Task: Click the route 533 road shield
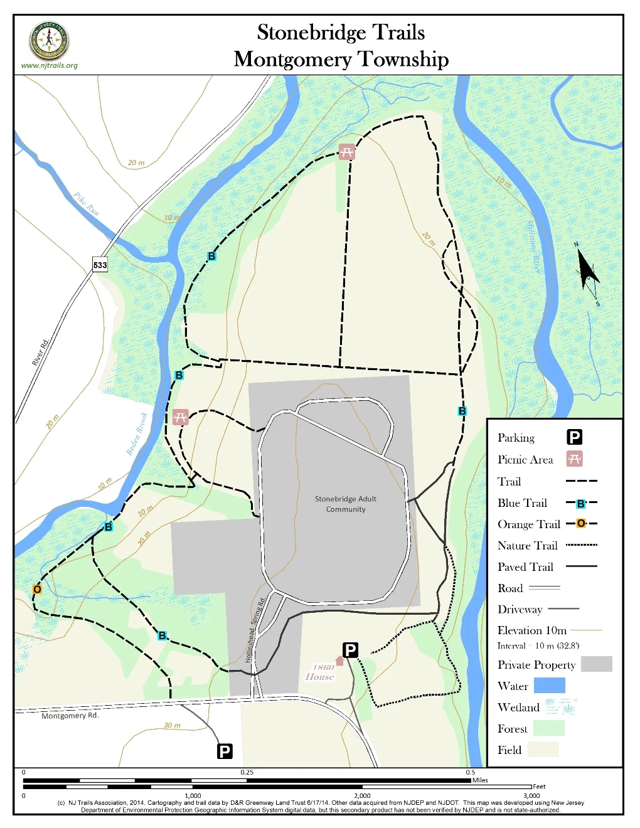click(x=100, y=265)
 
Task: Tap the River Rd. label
click(x=40, y=353)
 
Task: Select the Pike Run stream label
click(x=86, y=204)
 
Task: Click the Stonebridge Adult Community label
click(x=345, y=504)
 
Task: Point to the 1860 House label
click(x=321, y=672)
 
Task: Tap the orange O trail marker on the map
click(x=37, y=589)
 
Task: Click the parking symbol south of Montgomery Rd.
click(x=225, y=751)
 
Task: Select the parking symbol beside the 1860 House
click(x=350, y=650)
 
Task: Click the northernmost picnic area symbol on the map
click(x=346, y=152)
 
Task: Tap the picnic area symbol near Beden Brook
click(x=181, y=417)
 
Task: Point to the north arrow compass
click(x=587, y=273)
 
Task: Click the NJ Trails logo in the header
click(x=49, y=40)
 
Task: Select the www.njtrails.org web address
click(x=49, y=65)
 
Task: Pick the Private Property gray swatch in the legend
click(x=596, y=664)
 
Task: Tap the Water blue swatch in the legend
click(x=549, y=686)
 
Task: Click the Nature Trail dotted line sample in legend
click(x=581, y=545)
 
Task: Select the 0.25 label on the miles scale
click(x=247, y=772)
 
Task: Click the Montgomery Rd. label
click(x=70, y=716)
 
